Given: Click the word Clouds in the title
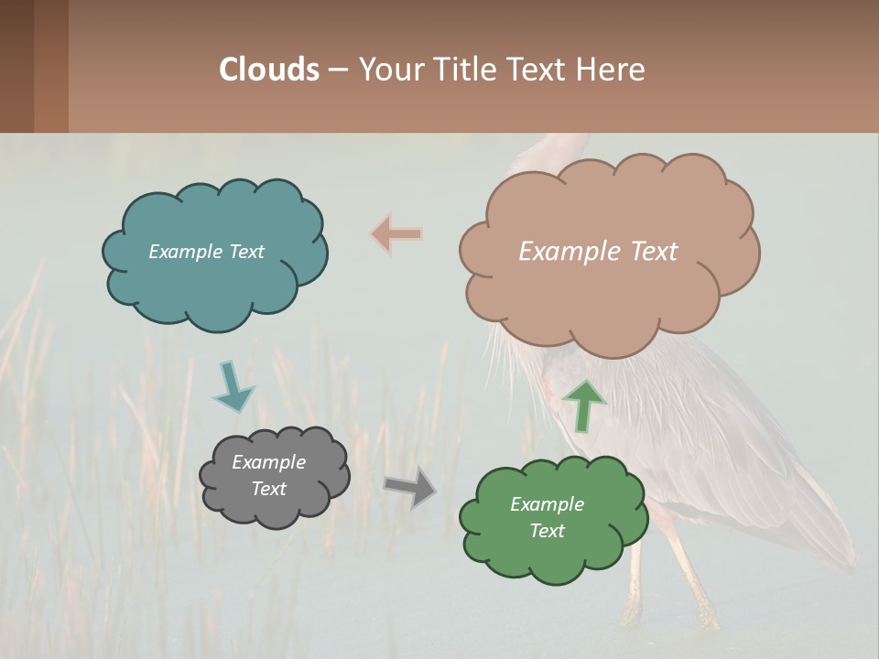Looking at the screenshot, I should click(x=269, y=70).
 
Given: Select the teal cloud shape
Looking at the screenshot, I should click(x=215, y=284).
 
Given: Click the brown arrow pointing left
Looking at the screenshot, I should click(x=396, y=234).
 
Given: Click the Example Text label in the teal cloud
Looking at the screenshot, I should click(x=206, y=252).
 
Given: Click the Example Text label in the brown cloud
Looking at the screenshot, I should click(x=598, y=252).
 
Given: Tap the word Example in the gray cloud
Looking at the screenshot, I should click(x=268, y=462).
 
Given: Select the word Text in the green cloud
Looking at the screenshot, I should click(x=547, y=531).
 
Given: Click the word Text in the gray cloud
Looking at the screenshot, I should click(x=268, y=489).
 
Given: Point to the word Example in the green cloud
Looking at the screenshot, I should click(x=547, y=504).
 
